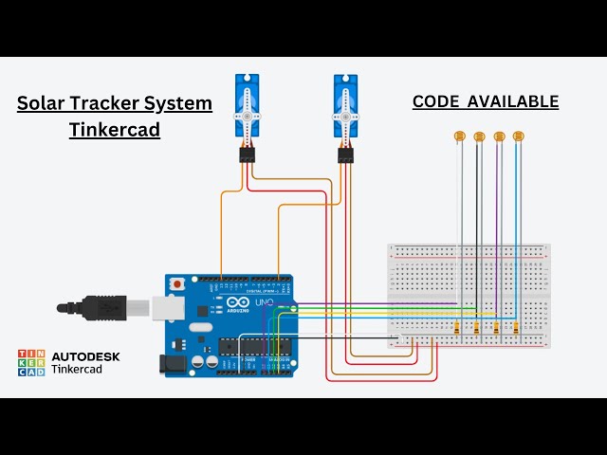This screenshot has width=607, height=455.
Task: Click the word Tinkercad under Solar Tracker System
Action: coord(114,130)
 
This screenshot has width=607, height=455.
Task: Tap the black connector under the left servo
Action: coord(248,155)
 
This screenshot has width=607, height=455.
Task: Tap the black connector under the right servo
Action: coord(345,155)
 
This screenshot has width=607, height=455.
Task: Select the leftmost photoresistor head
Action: coord(460,136)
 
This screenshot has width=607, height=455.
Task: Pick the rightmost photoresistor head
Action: coord(518,136)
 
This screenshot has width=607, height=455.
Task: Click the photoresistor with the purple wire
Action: coord(499,136)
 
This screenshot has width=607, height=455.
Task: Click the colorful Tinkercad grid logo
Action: coord(31,363)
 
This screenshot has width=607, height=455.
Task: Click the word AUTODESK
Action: coord(85,356)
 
